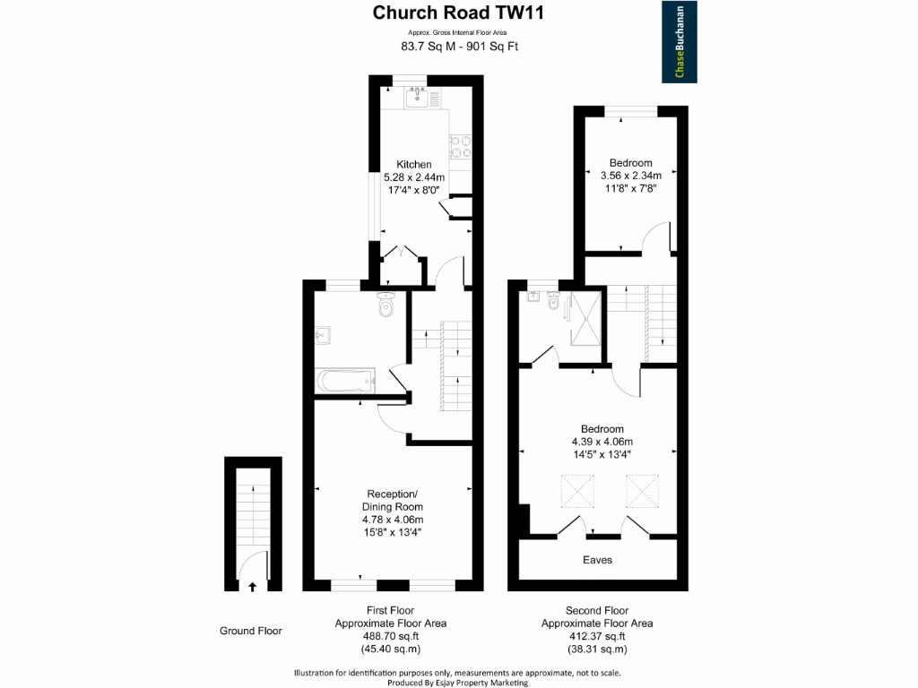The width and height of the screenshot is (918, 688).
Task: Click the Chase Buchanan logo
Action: tap(680, 41)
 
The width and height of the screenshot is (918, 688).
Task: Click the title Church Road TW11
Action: tap(458, 13)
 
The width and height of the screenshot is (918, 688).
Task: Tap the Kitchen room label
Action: tap(414, 164)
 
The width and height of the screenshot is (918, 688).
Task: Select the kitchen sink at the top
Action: tap(417, 97)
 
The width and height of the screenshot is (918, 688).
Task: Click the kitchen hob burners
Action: tap(460, 146)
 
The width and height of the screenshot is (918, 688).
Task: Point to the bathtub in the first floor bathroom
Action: tap(345, 381)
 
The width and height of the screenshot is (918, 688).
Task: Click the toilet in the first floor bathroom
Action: tap(386, 305)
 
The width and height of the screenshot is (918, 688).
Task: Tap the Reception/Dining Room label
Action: tap(393, 500)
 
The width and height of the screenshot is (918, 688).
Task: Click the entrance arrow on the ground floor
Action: tap(252, 587)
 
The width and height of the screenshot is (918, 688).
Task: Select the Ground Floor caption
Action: tap(251, 631)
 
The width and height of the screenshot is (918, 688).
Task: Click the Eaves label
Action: tap(598, 560)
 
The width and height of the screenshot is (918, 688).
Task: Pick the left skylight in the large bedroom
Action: tap(577, 491)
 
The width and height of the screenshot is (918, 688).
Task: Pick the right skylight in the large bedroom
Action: tap(642, 491)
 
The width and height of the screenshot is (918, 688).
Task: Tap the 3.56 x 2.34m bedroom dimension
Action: tap(630, 176)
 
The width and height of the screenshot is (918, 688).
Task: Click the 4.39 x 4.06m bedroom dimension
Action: tap(602, 442)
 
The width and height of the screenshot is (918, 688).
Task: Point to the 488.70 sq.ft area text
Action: tap(391, 636)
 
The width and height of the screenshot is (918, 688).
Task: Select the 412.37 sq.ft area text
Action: tap(597, 636)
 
